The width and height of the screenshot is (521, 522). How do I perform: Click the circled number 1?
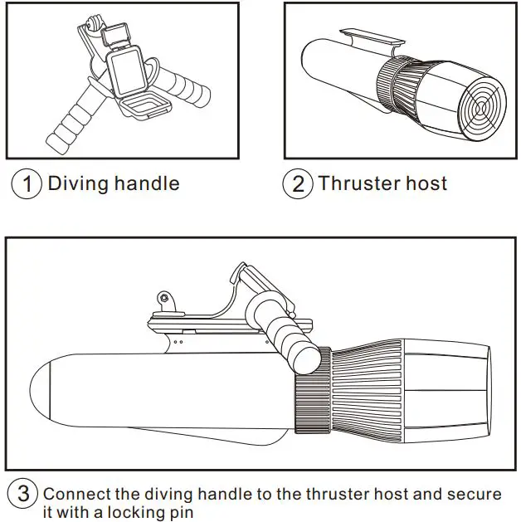[x=27, y=183]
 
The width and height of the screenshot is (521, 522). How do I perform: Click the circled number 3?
[x=24, y=495]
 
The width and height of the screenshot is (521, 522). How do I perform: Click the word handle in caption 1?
[x=148, y=183]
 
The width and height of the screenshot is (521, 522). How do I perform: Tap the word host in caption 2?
[x=427, y=183]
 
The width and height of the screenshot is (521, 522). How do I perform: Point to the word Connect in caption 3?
[x=78, y=495]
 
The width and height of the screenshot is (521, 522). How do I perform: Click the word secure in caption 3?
[x=474, y=495]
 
